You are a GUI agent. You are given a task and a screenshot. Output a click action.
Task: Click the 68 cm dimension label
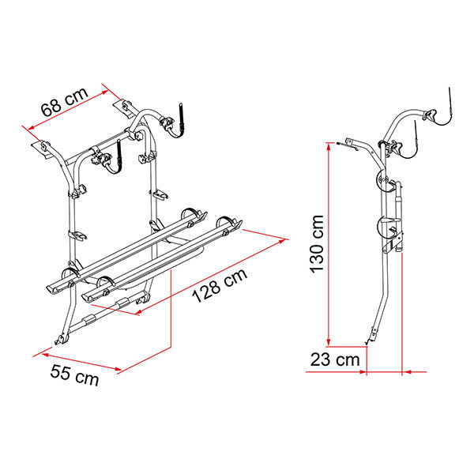[65, 102]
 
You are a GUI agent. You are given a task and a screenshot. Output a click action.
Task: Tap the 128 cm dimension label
[220, 285]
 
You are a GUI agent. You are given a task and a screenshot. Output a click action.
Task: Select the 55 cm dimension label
[74, 375]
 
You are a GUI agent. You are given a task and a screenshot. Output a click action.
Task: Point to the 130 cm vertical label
[317, 243]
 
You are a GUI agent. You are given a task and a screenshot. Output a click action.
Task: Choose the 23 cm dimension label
[335, 359]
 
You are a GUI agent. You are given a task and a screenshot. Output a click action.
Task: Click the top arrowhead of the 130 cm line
[329, 147]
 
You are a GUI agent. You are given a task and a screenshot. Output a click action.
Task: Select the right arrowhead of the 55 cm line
[118, 368]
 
